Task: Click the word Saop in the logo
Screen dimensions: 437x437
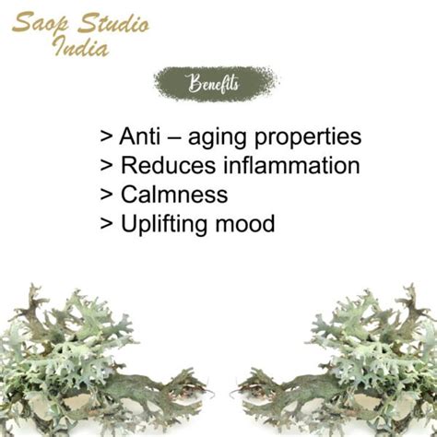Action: tap(41, 23)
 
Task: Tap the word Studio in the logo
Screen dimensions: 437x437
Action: tap(113, 23)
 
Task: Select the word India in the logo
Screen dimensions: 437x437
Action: tap(81, 46)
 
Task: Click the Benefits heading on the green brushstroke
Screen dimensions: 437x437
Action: tap(214, 83)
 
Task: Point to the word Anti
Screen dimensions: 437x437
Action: tap(140, 136)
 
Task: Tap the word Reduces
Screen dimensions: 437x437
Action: tap(169, 165)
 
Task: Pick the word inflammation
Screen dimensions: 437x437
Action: tap(291, 165)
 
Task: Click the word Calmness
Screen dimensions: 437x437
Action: tap(174, 195)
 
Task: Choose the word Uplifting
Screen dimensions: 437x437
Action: tap(164, 224)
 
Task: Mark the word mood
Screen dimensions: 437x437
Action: tap(245, 223)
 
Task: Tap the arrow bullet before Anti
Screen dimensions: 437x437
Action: tap(106, 136)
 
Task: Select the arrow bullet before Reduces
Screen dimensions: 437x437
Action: tap(106, 165)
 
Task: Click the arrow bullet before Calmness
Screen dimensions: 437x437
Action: tap(106, 195)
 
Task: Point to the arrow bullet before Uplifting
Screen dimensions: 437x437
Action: tap(106, 223)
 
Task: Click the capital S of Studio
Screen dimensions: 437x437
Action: tap(87, 23)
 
